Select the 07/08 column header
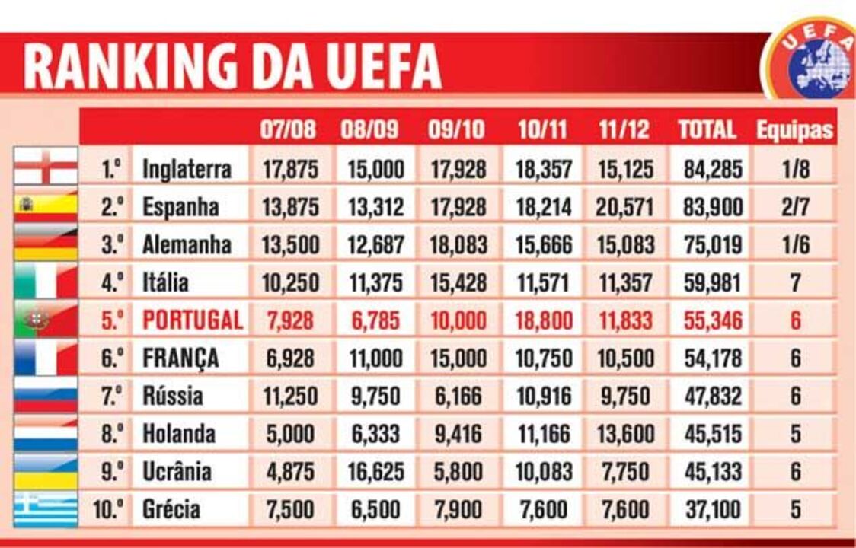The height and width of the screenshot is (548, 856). pos(288,129)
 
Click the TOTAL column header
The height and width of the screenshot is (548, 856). pos(707,129)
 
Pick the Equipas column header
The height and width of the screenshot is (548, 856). pos(795,130)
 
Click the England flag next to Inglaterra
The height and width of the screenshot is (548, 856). pos(46,167)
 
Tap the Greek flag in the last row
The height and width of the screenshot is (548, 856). pos(46,509)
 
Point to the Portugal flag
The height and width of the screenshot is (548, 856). pos(46,320)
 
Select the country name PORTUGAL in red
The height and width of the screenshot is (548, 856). pos(192,320)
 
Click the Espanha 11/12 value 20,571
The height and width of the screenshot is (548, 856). pos(624,206)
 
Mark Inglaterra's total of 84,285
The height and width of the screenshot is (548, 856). pos(712,168)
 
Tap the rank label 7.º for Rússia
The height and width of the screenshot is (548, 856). pos(113,396)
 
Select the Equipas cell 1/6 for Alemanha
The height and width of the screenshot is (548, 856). pos(795,244)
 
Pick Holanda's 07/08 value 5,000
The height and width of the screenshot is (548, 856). pos(289,434)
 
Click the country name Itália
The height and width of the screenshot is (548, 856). pos(165,282)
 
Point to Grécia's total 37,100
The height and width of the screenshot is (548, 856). pos(712,509)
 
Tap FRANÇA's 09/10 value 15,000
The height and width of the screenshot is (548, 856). pos(456,358)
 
